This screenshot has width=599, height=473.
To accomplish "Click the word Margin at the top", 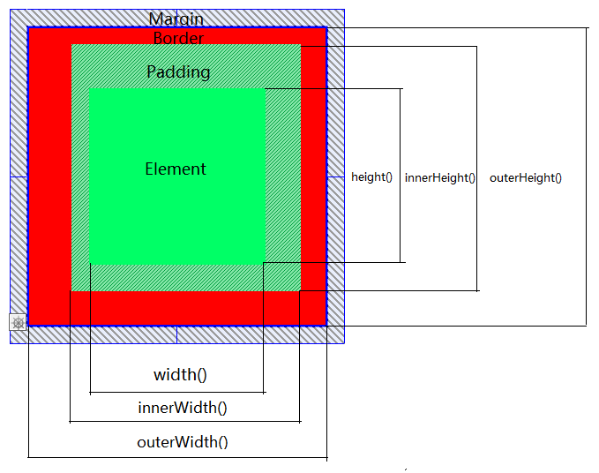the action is point(176,19).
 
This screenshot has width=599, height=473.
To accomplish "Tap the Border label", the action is point(178,38).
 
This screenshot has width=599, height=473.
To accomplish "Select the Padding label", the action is point(178,71).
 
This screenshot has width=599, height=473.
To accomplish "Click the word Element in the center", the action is point(176,169).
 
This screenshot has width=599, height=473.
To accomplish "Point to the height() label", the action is point(371,177).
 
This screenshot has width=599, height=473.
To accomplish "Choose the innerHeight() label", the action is point(439,177).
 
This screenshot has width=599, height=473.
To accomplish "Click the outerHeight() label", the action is point(526,177).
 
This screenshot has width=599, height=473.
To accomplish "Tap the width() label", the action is point(180,375).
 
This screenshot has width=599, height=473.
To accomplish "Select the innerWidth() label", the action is point(183,408).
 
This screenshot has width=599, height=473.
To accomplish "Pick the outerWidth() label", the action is point(183,442).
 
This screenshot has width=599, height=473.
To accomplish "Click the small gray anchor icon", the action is point(18,323).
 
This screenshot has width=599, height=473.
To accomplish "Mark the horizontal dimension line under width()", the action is point(177,393).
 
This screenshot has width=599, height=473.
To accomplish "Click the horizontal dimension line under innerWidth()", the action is point(185,422).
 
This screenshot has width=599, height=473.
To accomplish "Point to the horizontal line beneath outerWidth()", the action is point(177,457).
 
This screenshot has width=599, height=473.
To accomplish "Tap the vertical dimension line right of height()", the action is point(400,176).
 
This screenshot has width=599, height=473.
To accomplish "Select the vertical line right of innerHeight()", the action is point(476,169).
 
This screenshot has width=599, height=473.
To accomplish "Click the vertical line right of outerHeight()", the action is point(586,176).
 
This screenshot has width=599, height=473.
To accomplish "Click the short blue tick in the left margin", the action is point(19,176).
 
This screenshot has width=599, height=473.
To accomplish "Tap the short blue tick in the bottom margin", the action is point(176,335).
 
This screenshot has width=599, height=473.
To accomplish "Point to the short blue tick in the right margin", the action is point(336,176).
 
